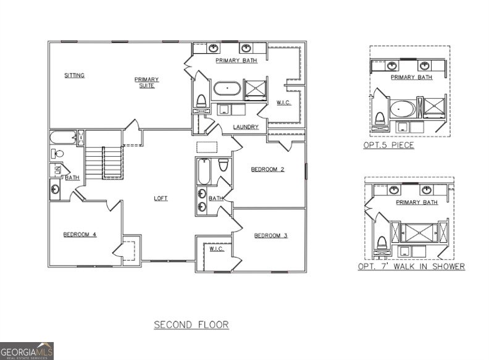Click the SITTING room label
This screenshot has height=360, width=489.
(x=75, y=75)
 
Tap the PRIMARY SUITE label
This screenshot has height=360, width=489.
(x=147, y=82)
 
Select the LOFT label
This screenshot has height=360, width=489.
(x=161, y=198)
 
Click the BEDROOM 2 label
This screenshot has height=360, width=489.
(x=267, y=169)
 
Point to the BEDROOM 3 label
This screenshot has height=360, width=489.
(x=271, y=235)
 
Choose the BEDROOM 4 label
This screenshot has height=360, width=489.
(x=80, y=234)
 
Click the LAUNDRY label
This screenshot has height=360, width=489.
(x=245, y=127)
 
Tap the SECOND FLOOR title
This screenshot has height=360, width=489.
(x=191, y=324)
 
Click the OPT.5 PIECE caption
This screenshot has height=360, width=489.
(x=388, y=145)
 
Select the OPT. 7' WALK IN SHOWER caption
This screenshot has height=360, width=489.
(x=411, y=267)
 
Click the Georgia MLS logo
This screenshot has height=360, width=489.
(x=27, y=351)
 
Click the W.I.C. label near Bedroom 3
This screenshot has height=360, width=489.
(x=216, y=249)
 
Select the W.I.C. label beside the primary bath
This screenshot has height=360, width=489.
(x=283, y=103)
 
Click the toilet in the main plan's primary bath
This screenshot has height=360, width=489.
(x=201, y=101)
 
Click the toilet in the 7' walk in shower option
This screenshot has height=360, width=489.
(x=381, y=243)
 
